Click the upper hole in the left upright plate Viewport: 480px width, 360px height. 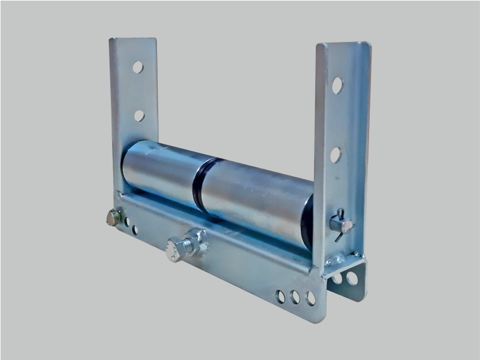138,67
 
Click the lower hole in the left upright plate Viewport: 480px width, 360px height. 139,116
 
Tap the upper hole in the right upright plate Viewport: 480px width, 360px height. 337,86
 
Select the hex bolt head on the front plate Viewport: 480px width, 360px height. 174,250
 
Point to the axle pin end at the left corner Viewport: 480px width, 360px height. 113,217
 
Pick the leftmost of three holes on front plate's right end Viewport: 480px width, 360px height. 280,295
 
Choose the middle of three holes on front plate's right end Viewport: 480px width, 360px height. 295,297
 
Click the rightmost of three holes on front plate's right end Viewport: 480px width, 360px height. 310,298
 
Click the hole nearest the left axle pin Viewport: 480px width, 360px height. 126,222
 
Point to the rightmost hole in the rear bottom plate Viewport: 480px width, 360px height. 352,279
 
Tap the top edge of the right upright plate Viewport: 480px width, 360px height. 343,44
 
